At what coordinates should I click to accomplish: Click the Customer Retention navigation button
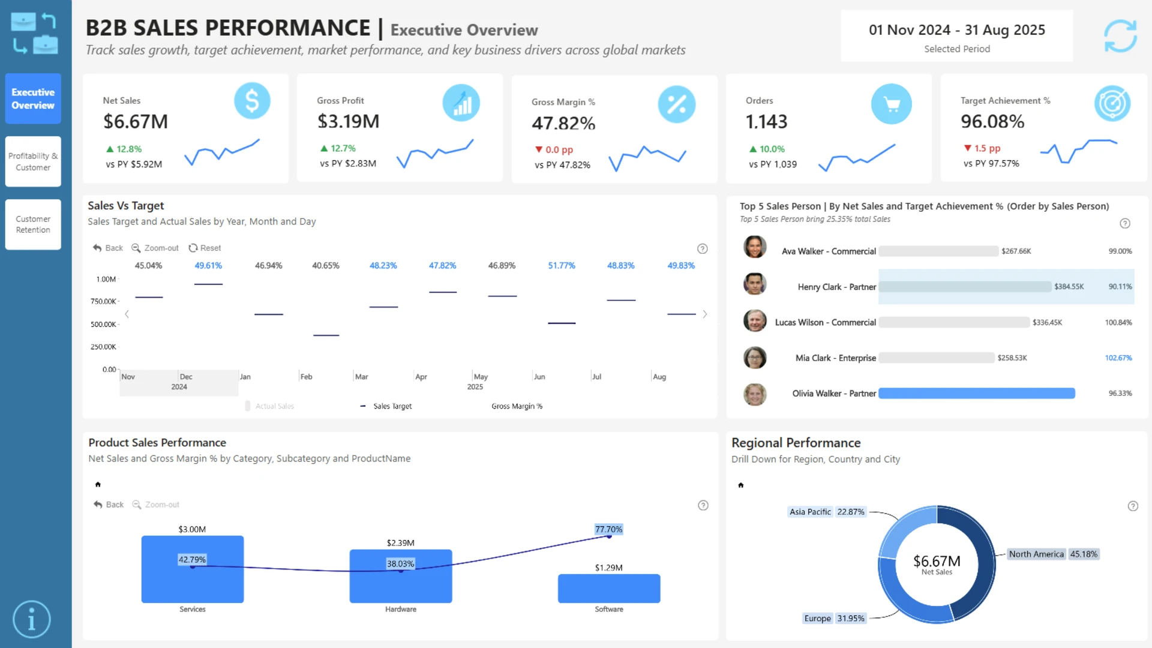point(33,224)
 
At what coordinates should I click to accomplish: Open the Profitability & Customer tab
point(33,161)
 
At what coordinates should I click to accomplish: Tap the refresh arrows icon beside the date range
point(1120,36)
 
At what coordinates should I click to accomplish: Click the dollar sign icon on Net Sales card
point(252,101)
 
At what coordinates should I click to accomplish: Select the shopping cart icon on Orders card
point(892,104)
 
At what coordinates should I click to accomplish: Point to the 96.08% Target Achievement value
point(992,122)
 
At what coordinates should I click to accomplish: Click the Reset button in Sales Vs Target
point(205,248)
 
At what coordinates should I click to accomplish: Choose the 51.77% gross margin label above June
point(562,265)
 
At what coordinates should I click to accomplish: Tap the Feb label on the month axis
point(306,377)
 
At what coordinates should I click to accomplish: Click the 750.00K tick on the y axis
point(103,301)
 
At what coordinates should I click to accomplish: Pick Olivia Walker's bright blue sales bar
point(977,394)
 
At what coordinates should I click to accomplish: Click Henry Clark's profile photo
point(755,284)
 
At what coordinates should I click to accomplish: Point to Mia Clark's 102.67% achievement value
point(1118,358)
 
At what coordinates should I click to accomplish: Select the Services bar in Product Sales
point(193,569)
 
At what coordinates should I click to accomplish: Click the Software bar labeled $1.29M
point(609,589)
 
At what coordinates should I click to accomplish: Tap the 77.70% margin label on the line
point(609,529)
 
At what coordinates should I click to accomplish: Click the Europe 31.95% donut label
point(835,618)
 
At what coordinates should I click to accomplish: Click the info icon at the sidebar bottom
point(32,619)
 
